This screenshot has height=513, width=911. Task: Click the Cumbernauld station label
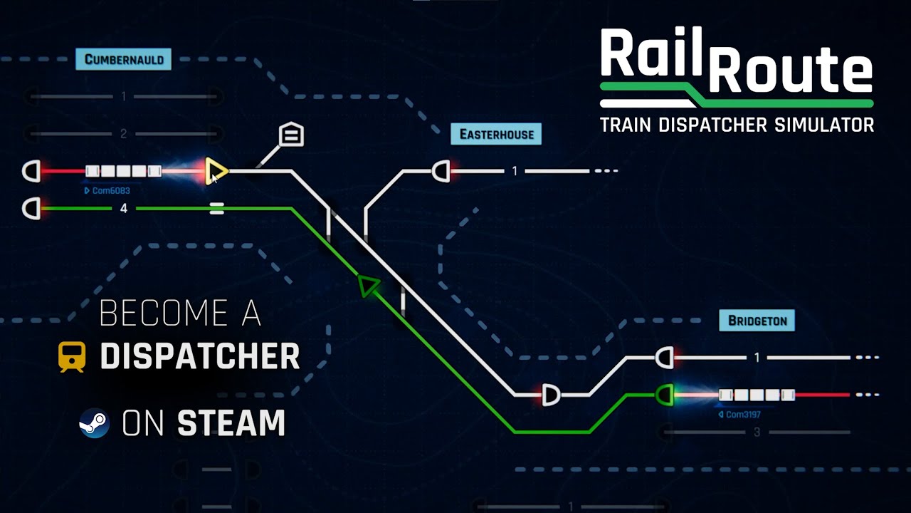point(124,59)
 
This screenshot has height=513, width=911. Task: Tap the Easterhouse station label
point(496,134)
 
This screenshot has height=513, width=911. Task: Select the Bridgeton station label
point(757,321)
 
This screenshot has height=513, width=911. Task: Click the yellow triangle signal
point(216,172)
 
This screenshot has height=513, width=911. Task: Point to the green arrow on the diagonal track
point(368,286)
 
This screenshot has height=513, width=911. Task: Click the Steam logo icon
point(94,423)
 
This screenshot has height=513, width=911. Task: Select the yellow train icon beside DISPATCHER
point(72,356)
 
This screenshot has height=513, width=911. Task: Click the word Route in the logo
point(790,69)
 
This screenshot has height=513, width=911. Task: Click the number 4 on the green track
point(124,209)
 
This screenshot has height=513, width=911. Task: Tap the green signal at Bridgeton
point(665,394)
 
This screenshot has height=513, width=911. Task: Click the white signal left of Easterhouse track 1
point(441,171)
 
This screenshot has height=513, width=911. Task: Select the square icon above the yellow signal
point(291,134)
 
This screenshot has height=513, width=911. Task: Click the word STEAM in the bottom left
point(231,423)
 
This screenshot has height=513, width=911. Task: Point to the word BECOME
point(160,313)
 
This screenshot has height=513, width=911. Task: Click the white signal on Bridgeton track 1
point(664,357)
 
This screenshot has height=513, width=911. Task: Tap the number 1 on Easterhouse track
point(515,171)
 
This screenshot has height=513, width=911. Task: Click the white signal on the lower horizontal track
point(550,394)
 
